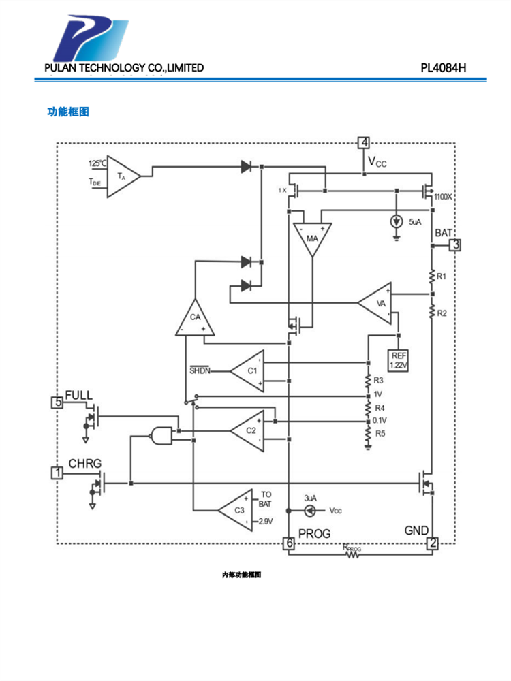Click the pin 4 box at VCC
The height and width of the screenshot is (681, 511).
(365, 143)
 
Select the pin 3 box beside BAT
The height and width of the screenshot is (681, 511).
(455, 245)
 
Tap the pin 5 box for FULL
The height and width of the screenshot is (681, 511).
(58, 402)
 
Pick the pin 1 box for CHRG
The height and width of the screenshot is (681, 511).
(58, 471)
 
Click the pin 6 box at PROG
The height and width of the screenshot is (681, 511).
(289, 543)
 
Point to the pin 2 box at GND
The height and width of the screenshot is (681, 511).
(433, 543)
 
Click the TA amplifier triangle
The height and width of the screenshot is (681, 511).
(122, 176)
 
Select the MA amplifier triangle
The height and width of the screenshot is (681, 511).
(312, 238)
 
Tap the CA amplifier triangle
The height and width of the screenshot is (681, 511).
(195, 319)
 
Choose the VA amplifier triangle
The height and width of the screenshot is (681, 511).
(379, 303)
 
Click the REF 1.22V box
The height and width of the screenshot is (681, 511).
(398, 360)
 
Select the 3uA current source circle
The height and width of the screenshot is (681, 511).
(309, 510)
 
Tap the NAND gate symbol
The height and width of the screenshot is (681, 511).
(160, 434)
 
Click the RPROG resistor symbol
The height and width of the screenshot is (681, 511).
(353, 554)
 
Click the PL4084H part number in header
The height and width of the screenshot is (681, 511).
(443, 68)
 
